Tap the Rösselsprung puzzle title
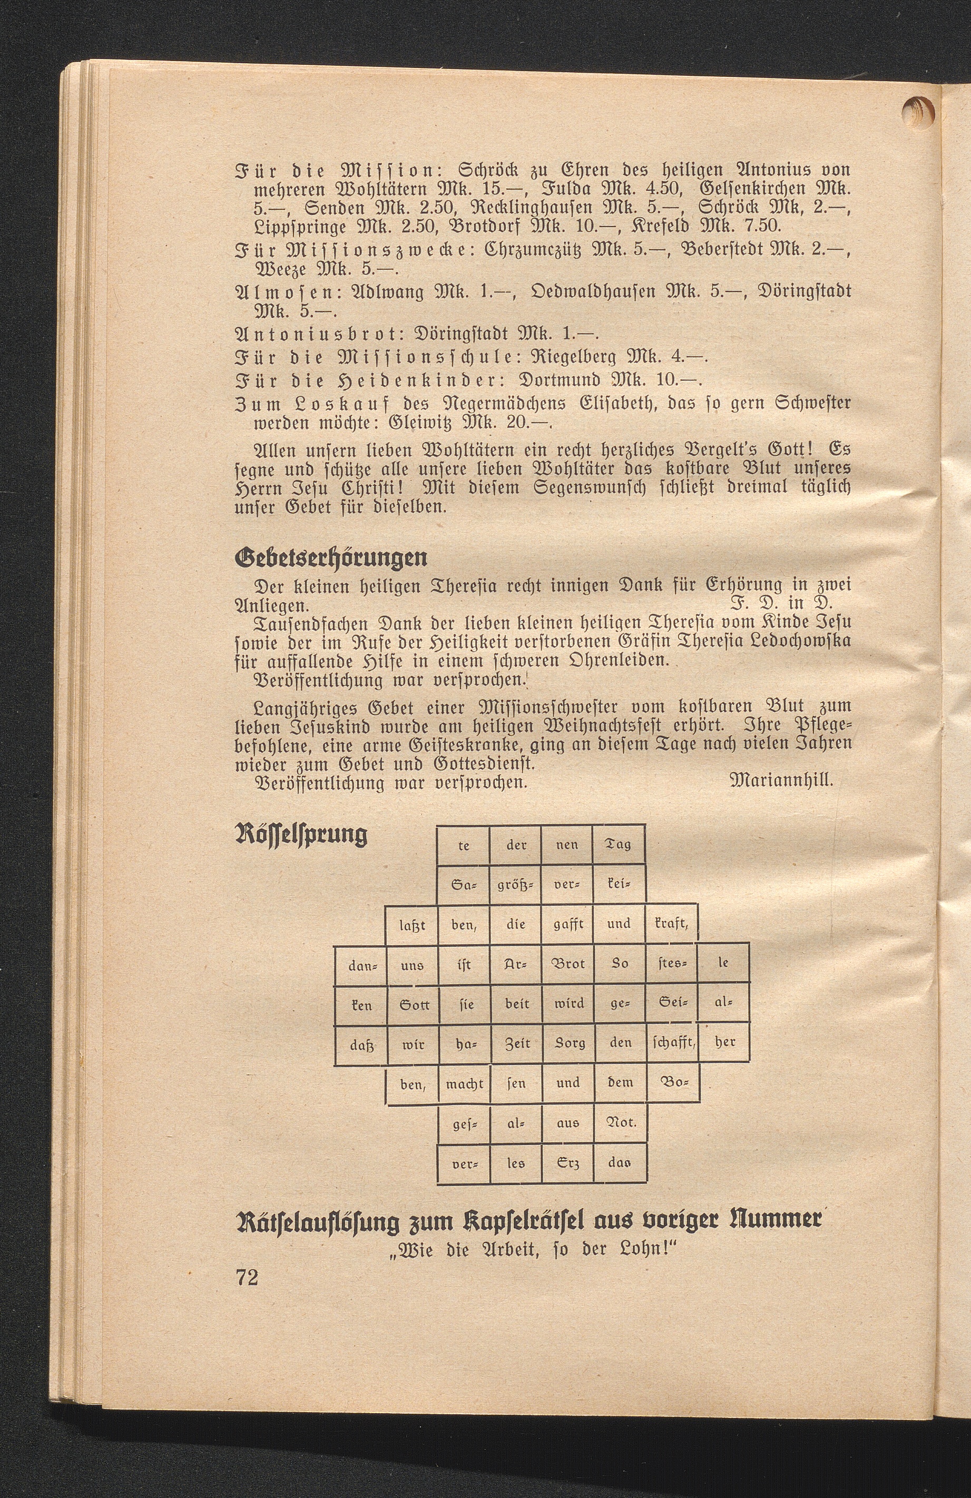coord(300,835)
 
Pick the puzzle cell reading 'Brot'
coord(567,964)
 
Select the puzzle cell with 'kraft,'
coord(671,924)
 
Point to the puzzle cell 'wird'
coord(567,1005)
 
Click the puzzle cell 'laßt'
coord(412,924)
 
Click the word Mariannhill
coord(780,782)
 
